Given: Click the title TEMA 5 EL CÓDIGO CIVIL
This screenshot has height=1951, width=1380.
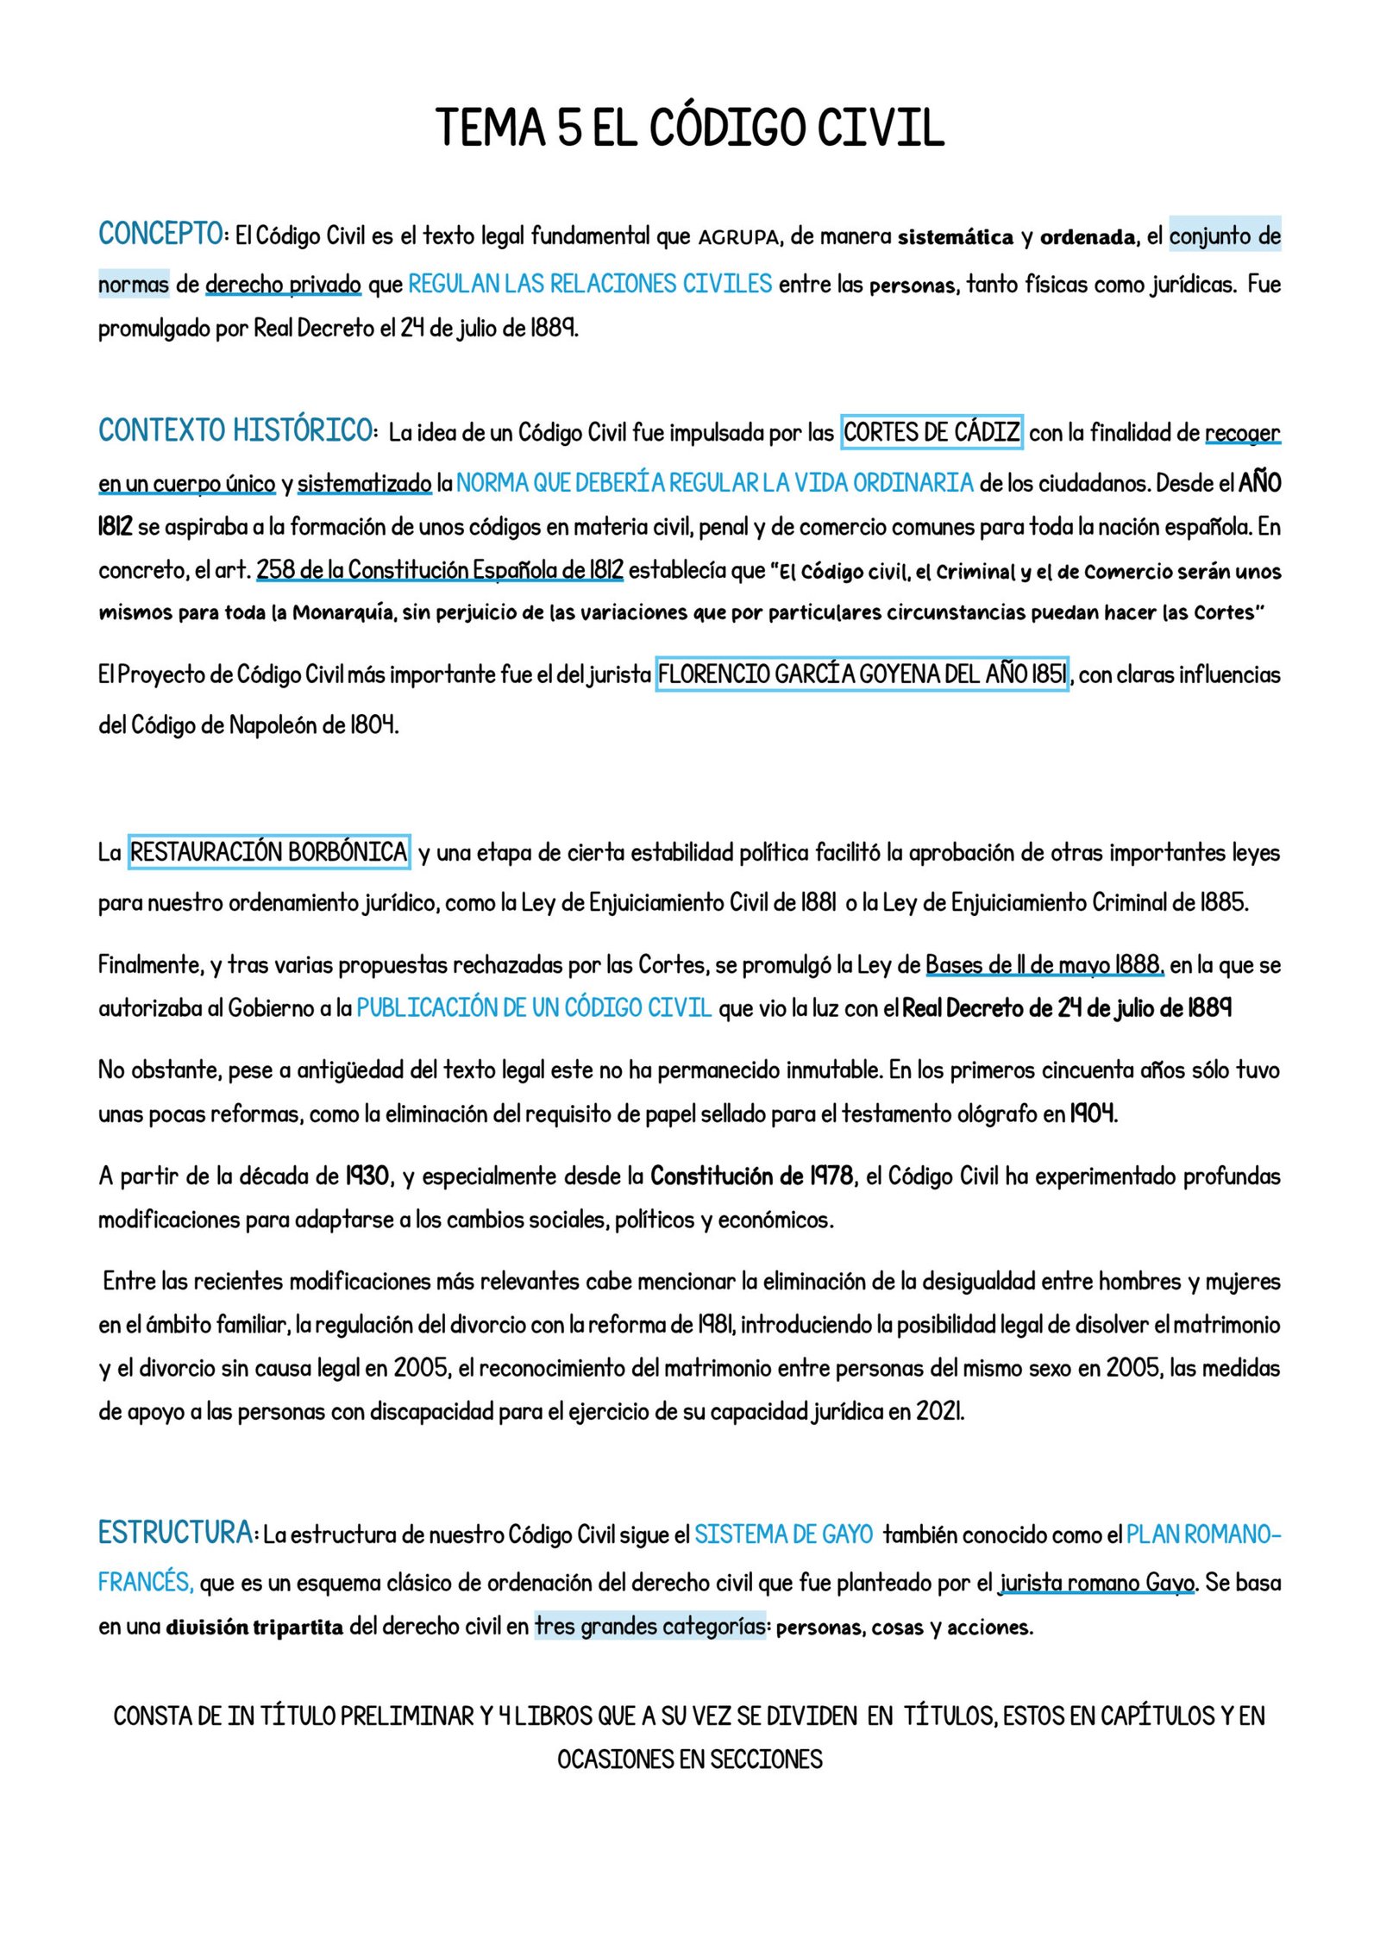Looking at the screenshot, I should (x=689, y=128).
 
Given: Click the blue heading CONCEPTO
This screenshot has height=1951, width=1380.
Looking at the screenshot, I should (x=161, y=234).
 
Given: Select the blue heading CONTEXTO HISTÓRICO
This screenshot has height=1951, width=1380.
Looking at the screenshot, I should (x=235, y=430).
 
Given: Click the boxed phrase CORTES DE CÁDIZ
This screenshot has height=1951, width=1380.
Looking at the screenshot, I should (x=931, y=431).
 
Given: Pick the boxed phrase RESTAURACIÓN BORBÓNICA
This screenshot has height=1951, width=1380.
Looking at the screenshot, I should (x=269, y=852).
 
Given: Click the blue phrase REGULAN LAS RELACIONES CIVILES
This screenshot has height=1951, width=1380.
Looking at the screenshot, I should (x=590, y=284).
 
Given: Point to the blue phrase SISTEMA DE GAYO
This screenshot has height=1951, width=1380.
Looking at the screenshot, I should (x=783, y=1534).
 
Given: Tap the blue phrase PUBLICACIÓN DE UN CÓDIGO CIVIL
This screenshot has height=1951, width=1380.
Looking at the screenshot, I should (x=534, y=1007).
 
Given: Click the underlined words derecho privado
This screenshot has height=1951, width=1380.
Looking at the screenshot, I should (x=283, y=284).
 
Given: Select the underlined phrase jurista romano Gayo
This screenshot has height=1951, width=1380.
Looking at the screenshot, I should (x=1096, y=1583).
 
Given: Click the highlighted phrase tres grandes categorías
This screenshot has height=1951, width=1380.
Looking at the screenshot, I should (x=649, y=1626).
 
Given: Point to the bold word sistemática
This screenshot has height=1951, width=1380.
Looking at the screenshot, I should (x=956, y=237).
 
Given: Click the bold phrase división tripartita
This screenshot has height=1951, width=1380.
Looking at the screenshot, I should (x=254, y=1628).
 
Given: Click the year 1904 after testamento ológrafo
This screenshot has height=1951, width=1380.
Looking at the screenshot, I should (x=1093, y=1114).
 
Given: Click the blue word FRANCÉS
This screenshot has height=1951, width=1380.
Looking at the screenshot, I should (x=145, y=1583).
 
